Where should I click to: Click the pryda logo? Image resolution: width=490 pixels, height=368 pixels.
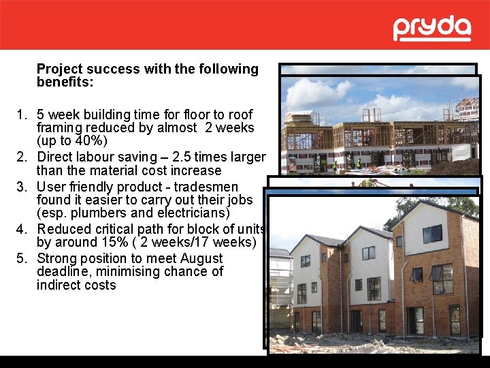point(431,29)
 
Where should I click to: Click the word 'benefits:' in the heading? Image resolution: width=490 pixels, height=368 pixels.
point(65,82)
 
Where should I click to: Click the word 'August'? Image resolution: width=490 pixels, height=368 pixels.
point(201,259)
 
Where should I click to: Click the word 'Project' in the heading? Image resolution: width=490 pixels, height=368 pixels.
point(59,70)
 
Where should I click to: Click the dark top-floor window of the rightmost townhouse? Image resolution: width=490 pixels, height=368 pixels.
point(432,234)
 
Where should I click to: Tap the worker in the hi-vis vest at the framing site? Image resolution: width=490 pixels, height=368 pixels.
point(359,164)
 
